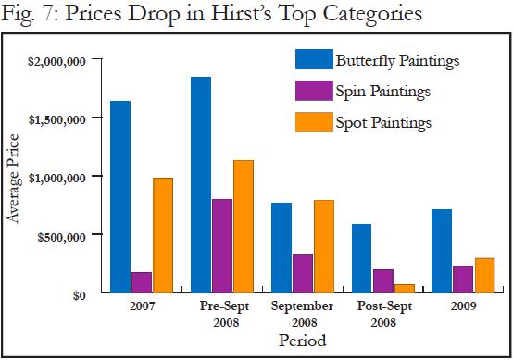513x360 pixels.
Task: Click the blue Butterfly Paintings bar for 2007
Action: pos(120,196)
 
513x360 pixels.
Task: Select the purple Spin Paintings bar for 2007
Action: pos(142,282)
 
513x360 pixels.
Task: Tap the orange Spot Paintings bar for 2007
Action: pos(163,235)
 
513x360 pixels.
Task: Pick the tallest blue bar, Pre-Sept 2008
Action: pos(201,185)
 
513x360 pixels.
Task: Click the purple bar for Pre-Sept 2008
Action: pos(222,245)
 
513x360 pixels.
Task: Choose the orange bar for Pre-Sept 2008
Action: pos(244,226)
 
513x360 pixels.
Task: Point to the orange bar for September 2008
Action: pos(324,246)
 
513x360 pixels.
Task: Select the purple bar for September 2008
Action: pos(303,273)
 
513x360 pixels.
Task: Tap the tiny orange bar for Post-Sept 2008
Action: pos(405,289)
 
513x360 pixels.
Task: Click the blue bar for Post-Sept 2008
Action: pos(361,258)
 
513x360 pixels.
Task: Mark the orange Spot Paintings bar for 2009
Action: pos(485,275)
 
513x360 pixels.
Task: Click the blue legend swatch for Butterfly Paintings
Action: pos(314,59)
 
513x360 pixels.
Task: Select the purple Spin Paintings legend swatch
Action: pos(314,91)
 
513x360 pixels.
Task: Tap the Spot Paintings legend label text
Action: pos(383,123)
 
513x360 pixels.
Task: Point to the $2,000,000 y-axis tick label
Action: pos(56,61)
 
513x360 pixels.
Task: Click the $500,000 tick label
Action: pos(61,237)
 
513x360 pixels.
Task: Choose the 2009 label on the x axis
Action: pos(464,306)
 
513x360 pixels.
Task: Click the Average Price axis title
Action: pos(14,179)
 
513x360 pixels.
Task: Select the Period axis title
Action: pos(302,340)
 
